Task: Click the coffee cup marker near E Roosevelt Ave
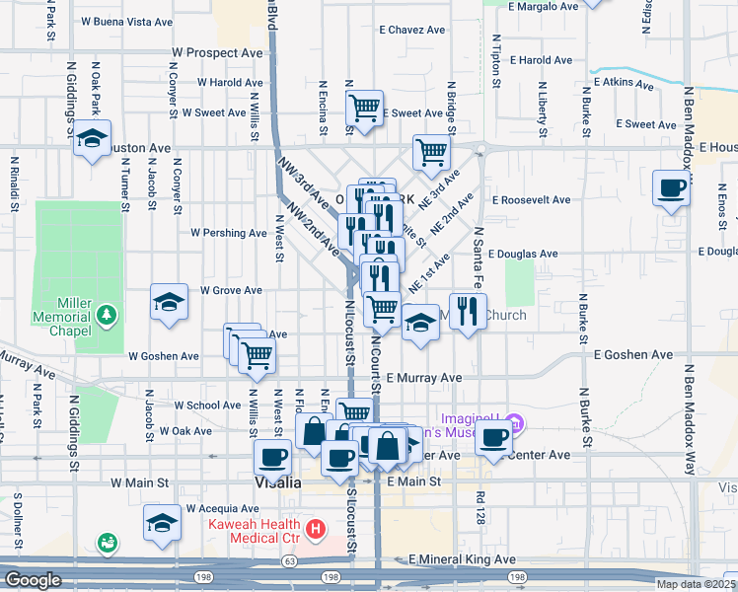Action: tap(672, 187)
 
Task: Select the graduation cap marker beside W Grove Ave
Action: tap(170, 303)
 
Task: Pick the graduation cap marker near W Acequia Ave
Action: tap(163, 524)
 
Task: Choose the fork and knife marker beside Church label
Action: tap(468, 312)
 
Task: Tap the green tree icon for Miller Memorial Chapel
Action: tap(107, 316)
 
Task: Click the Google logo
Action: tap(33, 580)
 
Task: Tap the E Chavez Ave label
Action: tap(412, 31)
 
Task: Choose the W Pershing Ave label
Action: tap(229, 234)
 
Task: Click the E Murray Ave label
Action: tap(424, 378)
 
